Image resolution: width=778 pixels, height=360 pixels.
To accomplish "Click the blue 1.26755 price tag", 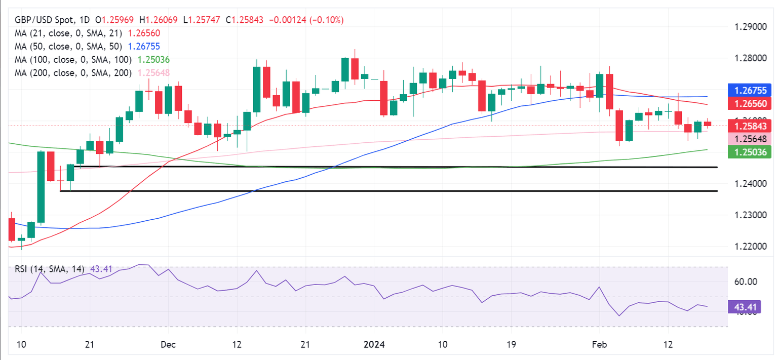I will tap(751, 91).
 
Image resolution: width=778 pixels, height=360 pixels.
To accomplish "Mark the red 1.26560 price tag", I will tap(751, 104).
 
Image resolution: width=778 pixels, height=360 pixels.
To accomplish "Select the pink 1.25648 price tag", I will tap(751, 139).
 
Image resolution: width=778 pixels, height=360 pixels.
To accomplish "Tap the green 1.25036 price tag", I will tap(751, 151).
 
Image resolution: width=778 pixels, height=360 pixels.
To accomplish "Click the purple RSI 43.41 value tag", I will tap(747, 307).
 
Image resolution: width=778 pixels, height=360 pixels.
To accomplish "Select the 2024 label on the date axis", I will tap(374, 345).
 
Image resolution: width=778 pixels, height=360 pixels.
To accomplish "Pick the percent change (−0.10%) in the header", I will tap(326, 20).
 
